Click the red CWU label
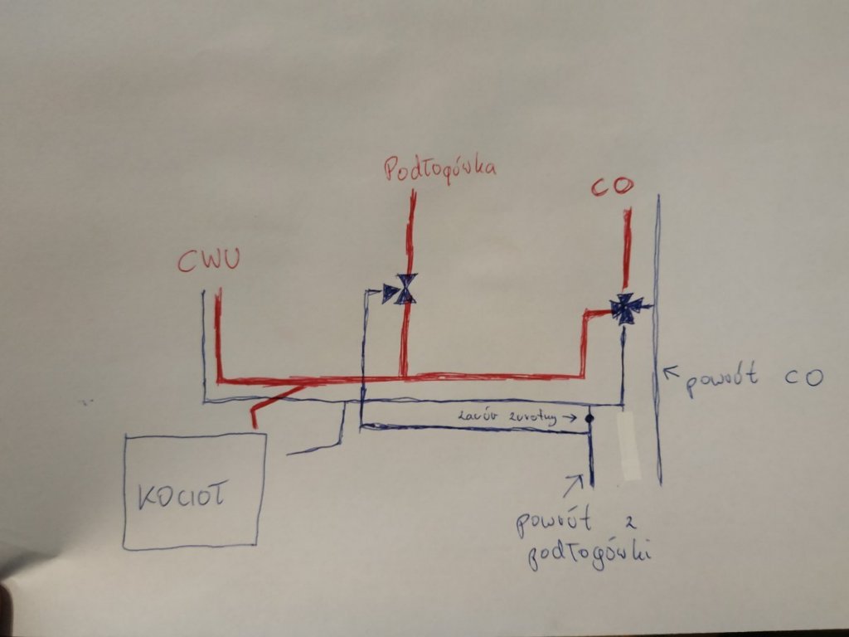[208, 261]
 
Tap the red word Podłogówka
[439, 170]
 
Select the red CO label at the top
[612, 187]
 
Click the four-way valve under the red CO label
[624, 308]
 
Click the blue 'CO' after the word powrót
[802, 377]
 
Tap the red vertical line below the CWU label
[219, 332]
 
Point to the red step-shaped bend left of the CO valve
[588, 332]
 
